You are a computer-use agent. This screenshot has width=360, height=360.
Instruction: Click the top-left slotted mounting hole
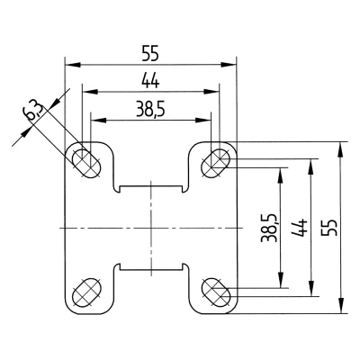click(x=85, y=162)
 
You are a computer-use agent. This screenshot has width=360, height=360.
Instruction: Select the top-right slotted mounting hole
click(x=216, y=161)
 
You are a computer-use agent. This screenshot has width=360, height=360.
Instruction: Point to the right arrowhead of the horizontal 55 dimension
click(x=231, y=65)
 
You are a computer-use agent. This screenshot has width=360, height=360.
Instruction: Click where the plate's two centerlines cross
click(x=150, y=229)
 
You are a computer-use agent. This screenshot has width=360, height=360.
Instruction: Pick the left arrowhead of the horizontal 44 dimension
click(x=85, y=91)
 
